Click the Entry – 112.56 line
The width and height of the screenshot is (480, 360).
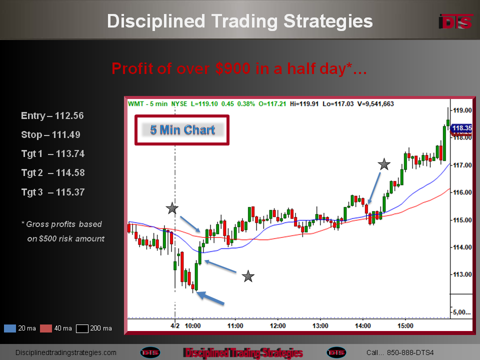[52, 115]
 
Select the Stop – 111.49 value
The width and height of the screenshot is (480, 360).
[66, 134]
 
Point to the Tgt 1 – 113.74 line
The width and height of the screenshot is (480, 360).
[53, 153]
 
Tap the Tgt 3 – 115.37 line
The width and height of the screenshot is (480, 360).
[53, 192]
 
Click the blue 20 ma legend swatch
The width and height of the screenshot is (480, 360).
[10, 328]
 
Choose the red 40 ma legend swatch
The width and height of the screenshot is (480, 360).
[46, 328]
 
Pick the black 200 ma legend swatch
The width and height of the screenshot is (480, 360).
[82, 328]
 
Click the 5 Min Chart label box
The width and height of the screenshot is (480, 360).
[182, 130]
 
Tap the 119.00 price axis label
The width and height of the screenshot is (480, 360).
[462, 110]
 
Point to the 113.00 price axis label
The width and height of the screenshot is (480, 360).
[462, 274]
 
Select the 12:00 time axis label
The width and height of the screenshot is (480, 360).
[277, 325]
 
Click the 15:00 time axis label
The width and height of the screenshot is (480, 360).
[405, 325]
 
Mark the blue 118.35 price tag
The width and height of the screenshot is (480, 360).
[461, 128]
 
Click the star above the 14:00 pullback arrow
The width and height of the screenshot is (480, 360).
[384, 164]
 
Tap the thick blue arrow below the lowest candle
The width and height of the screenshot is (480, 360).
[210, 298]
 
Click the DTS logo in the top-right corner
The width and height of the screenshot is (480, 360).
[456, 21]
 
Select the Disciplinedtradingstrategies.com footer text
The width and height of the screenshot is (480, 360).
[66, 352]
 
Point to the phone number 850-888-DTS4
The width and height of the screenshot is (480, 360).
[410, 352]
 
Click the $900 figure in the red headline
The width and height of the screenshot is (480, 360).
[233, 68]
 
